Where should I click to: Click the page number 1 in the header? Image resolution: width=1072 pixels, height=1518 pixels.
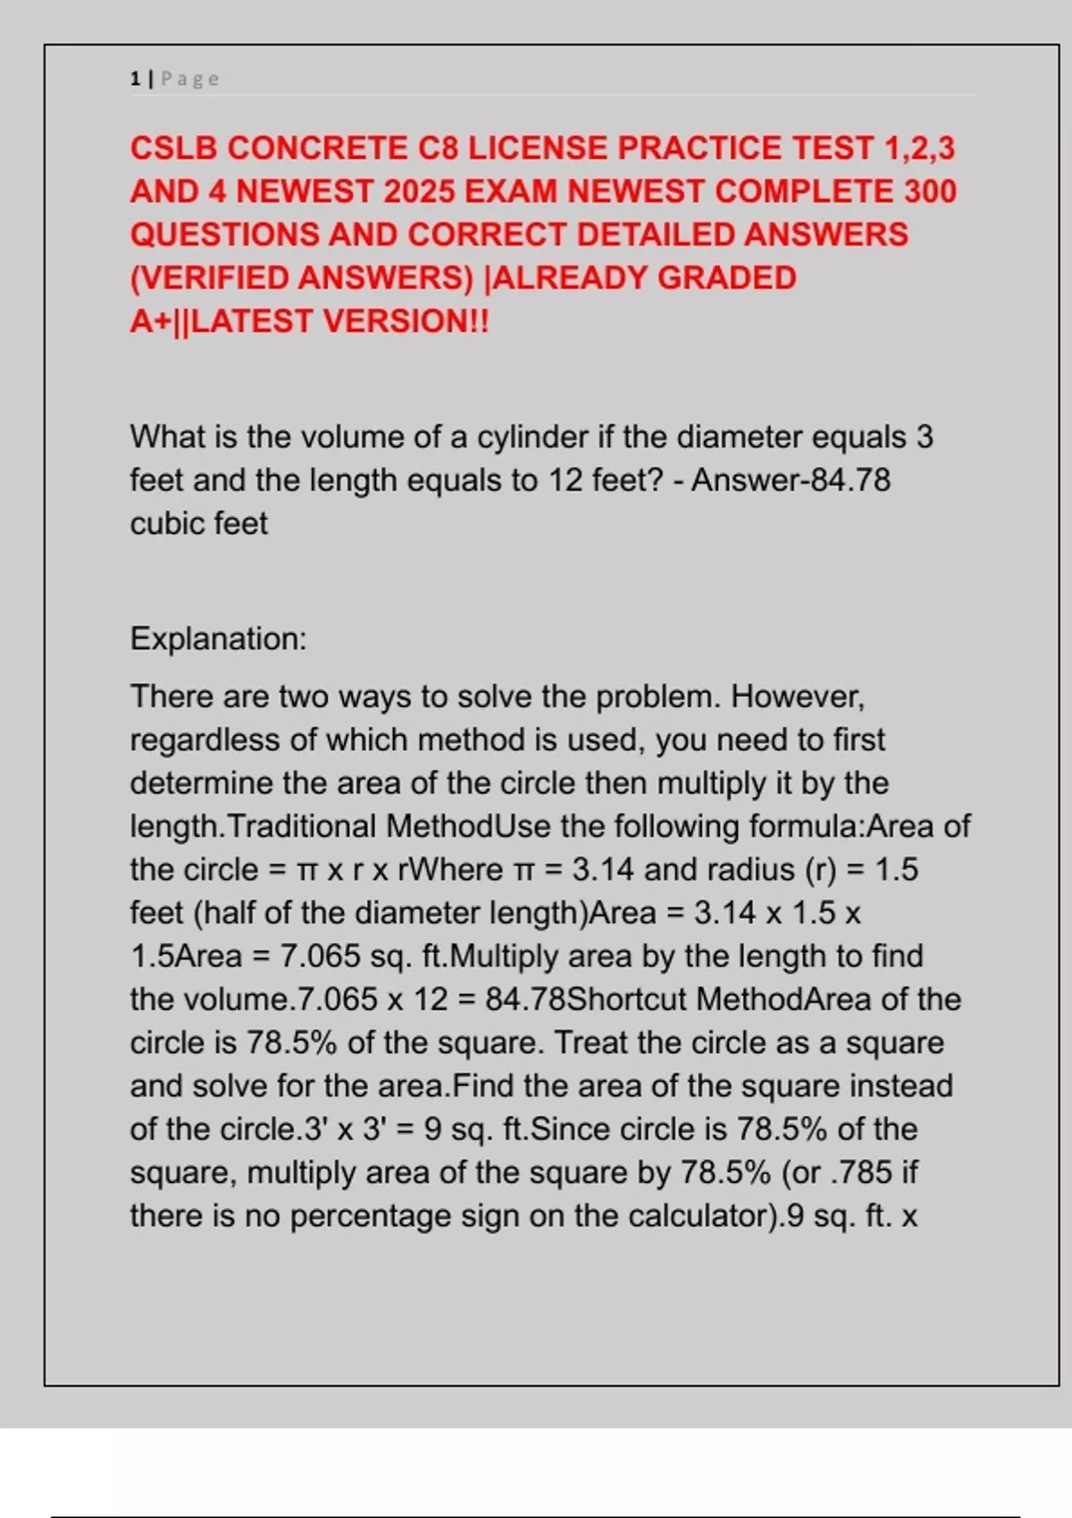point(135,79)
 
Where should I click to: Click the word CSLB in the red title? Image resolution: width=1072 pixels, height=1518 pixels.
point(173,148)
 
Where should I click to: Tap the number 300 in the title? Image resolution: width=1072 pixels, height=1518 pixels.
point(930,191)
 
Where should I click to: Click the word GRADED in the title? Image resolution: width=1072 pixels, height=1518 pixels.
point(726,278)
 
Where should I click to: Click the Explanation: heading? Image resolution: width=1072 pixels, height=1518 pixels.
point(218,638)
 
